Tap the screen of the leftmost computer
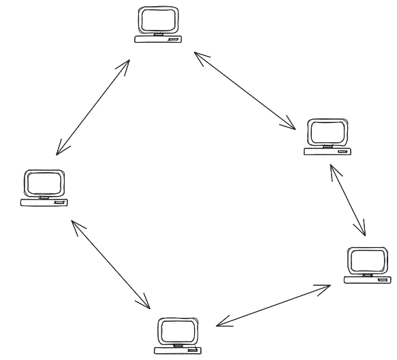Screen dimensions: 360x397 tap(45, 183)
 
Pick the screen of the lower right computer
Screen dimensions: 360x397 tap(367, 261)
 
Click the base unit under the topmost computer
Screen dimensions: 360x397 tap(158, 40)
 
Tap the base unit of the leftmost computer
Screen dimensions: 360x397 tap(44, 202)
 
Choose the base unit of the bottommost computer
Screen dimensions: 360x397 tap(178, 350)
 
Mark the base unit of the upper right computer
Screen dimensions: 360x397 tap(328, 150)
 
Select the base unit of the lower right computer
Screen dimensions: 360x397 tap(367, 279)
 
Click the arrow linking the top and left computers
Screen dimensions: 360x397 tap(93, 106)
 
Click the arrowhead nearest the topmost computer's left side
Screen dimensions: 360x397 tap(126, 63)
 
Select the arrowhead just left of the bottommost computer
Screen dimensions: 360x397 tap(145, 304)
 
